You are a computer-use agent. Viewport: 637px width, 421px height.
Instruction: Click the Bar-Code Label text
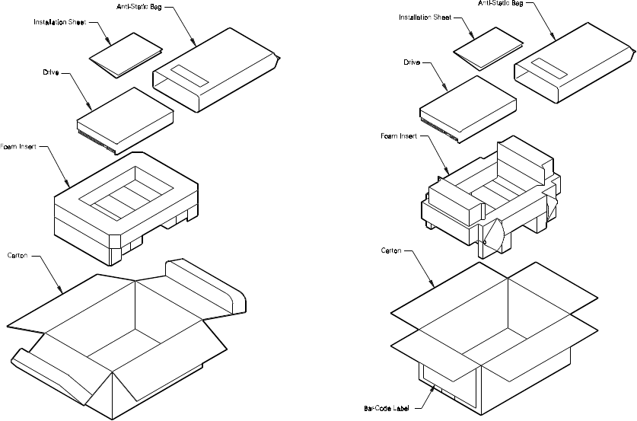(x=387, y=408)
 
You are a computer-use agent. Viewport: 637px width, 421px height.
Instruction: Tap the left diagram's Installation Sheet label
(x=59, y=22)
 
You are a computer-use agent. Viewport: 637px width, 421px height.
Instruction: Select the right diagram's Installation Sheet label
(x=425, y=17)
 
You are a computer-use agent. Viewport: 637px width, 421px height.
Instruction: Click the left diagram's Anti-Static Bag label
(x=139, y=7)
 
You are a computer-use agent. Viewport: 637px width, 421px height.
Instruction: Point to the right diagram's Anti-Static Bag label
(x=501, y=3)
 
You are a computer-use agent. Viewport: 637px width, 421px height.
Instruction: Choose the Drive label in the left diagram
(x=51, y=72)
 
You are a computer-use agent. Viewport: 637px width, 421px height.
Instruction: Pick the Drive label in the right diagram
(x=412, y=62)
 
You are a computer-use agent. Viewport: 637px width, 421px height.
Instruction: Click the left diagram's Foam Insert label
(x=18, y=146)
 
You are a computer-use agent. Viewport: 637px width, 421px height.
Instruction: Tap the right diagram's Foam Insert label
(x=399, y=136)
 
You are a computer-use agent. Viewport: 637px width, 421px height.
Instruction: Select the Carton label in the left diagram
(x=18, y=255)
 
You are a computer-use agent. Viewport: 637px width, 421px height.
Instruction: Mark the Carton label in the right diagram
(x=391, y=250)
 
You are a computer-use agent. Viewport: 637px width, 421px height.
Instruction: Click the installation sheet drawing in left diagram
(x=126, y=55)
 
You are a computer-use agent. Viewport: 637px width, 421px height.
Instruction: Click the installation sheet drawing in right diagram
(x=489, y=48)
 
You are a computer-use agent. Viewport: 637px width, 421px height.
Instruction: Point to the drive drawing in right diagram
(x=468, y=110)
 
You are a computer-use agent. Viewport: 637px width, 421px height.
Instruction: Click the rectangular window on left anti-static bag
(x=190, y=75)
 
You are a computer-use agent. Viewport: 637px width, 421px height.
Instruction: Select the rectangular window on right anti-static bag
(x=549, y=69)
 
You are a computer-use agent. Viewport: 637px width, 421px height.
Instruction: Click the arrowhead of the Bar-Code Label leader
(x=433, y=388)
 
